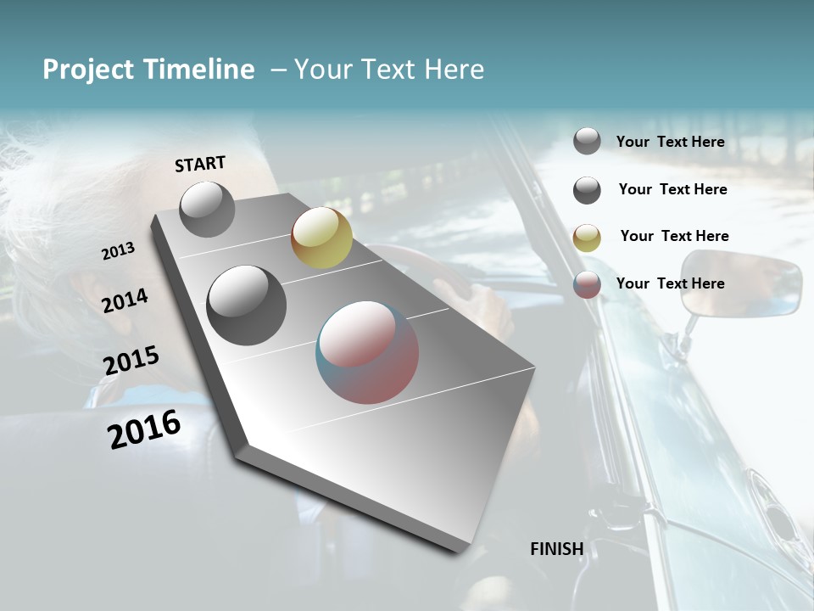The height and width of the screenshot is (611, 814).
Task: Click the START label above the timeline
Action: tap(200, 164)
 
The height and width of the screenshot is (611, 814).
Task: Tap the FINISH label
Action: tap(556, 549)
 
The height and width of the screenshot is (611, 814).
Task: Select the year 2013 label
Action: tap(118, 251)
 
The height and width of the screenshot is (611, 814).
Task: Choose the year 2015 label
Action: tap(131, 361)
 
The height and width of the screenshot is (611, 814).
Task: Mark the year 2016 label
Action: tap(143, 429)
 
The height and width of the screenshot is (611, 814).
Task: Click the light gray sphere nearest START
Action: tap(207, 209)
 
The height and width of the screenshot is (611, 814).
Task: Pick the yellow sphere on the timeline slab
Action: tap(321, 238)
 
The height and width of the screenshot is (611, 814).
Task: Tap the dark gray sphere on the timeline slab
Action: tap(246, 305)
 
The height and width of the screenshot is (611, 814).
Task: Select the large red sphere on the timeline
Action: tap(367, 352)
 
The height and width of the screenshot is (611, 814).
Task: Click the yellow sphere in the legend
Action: tap(587, 238)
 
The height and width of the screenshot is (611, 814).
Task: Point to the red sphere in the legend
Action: tap(587, 284)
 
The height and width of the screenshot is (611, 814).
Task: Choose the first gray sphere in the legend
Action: tap(587, 141)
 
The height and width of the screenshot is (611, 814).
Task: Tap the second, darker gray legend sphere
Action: tap(587, 190)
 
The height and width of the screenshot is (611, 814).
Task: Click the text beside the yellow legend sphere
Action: tap(674, 236)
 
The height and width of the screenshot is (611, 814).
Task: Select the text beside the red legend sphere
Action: tap(670, 283)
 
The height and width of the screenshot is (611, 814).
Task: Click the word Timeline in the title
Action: tap(203, 70)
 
